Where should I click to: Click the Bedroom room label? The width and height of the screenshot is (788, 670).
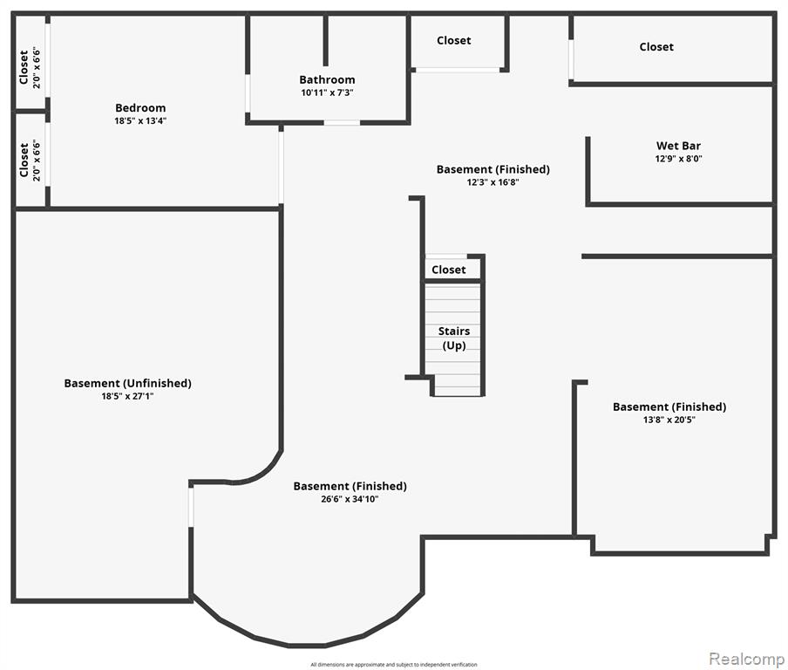pos(139,108)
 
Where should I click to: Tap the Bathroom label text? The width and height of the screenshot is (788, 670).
pos(327,79)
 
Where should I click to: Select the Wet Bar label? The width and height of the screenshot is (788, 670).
pos(678,146)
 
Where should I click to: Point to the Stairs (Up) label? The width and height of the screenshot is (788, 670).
pos(453,338)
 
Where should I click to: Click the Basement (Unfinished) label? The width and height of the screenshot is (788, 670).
pos(127,383)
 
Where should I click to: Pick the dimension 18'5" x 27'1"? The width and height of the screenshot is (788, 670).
pos(127,396)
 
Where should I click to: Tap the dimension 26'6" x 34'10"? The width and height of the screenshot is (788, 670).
pos(350,499)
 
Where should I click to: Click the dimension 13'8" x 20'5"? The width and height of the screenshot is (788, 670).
pos(669,420)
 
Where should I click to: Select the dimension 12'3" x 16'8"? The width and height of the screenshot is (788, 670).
pos(492,182)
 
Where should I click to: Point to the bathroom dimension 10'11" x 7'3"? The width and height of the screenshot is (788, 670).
pos(327,92)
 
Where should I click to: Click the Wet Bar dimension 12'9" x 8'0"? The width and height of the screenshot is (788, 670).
pos(678,159)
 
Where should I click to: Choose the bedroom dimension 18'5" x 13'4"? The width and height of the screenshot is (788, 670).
pos(139,121)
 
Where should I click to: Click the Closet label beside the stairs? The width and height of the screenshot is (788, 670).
pos(449,270)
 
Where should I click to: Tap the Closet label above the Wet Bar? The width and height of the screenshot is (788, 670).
pos(656,47)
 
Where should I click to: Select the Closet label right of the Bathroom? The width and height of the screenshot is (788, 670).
pos(453,40)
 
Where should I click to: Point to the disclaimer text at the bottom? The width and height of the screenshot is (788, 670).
pos(393,665)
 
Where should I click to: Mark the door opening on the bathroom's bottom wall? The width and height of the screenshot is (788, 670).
pos(342,123)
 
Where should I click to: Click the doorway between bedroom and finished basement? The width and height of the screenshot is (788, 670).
pos(281,167)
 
